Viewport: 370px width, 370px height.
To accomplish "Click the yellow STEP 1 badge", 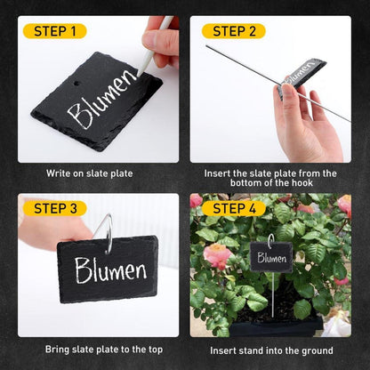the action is (54, 31).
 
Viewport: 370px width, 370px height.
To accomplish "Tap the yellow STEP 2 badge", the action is (234, 31).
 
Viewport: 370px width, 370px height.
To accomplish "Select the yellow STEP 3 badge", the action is (54, 208).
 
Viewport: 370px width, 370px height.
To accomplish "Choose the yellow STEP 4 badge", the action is (234, 208).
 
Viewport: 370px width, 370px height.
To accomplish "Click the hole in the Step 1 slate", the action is (77, 84).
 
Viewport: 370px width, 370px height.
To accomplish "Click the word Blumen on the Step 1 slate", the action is (101, 100).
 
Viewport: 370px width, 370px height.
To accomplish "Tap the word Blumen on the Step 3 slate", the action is (111, 269).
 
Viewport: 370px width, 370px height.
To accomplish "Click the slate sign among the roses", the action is (271, 257).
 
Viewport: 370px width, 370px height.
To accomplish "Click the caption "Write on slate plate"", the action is (89, 173).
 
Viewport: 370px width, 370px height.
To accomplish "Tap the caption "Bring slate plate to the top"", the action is (104, 350).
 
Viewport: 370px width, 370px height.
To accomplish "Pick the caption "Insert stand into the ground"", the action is (271, 350).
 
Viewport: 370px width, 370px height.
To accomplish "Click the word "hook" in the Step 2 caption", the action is (302, 182).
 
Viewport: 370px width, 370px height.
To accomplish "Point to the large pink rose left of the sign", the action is (217, 256).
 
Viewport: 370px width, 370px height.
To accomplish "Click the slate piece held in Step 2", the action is (301, 76).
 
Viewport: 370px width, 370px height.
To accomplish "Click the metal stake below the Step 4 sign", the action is (272, 294).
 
